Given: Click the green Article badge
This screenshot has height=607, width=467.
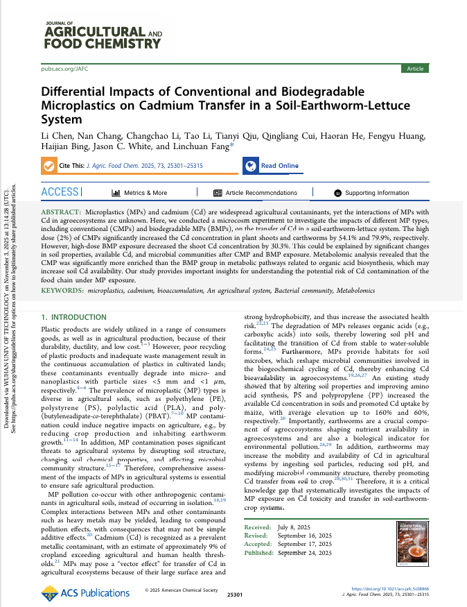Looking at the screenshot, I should click(415, 69).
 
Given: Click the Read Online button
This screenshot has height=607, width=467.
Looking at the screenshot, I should click(272, 166).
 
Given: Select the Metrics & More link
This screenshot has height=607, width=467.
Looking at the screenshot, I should click(139, 193).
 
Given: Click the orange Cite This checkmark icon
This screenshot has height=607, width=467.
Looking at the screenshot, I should click(49, 166).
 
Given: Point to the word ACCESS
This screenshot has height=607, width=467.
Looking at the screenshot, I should click(60, 192).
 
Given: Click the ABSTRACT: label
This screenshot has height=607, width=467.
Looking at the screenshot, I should click(61, 210).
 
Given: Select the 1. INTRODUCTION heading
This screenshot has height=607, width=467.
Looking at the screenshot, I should click(74, 317).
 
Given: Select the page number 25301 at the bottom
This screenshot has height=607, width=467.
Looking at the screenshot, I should click(235, 595).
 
